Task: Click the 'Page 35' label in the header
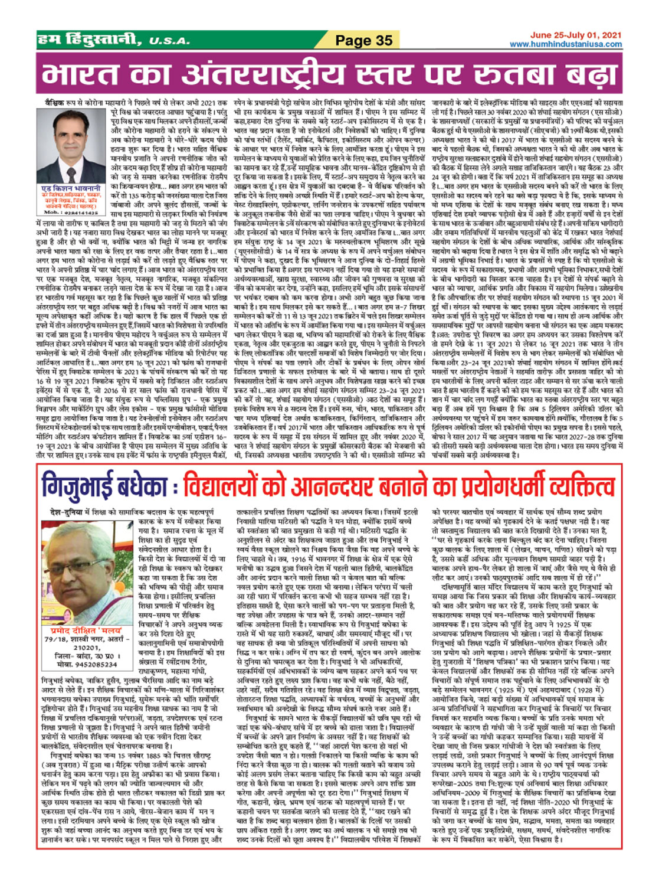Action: point(363,40)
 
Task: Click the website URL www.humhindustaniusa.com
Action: point(565,44)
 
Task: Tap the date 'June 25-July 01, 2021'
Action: point(575,35)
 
